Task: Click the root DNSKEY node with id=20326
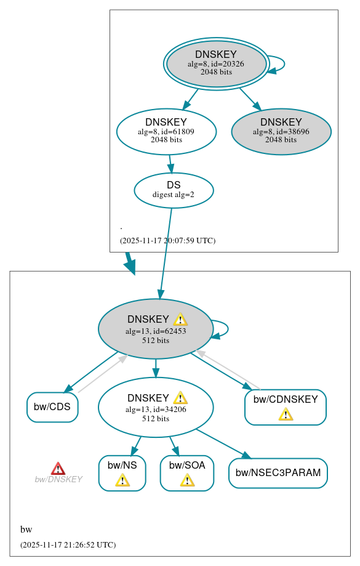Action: [x=216, y=63]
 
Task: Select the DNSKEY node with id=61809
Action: [x=166, y=131]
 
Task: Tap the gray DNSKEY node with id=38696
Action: [x=281, y=131]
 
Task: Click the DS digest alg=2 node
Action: [x=174, y=190]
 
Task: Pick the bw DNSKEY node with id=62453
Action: [x=155, y=329]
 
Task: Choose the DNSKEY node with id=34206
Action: [x=155, y=407]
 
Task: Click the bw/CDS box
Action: [x=52, y=407]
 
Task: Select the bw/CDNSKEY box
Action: [x=285, y=407]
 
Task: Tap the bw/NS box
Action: [x=122, y=473]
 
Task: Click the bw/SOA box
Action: [x=186, y=473]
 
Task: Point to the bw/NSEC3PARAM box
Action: [x=278, y=473]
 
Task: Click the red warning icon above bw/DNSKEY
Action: [x=58, y=469]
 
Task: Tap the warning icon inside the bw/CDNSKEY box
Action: [x=286, y=414]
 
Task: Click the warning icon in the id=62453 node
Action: [x=180, y=319]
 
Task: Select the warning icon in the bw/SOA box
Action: [x=187, y=480]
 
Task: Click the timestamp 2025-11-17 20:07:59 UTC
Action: [x=167, y=240]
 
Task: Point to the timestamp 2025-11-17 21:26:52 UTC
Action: [x=68, y=544]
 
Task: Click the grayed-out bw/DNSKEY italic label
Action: [x=58, y=479]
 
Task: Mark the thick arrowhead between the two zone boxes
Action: [x=130, y=266]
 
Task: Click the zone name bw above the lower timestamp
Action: [x=26, y=530]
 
